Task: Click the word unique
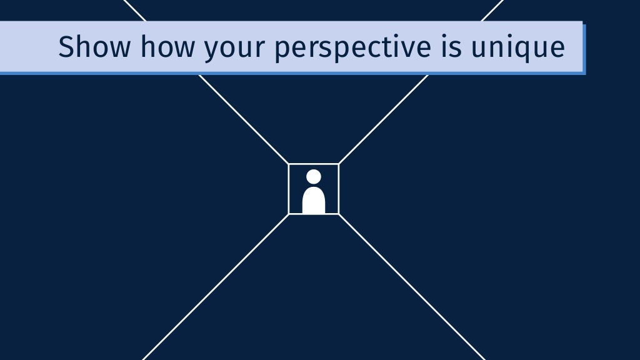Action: coord(518,49)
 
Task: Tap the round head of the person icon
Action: coord(314,177)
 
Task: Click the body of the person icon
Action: coord(314,201)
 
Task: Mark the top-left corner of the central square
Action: coord(289,164)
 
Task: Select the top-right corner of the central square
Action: coord(338,164)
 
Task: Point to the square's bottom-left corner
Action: coord(289,214)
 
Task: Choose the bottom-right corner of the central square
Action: coord(338,214)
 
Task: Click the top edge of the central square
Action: coord(314,164)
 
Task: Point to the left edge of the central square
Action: coord(289,189)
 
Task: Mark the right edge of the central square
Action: coord(338,189)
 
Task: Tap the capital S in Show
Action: coord(65,47)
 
